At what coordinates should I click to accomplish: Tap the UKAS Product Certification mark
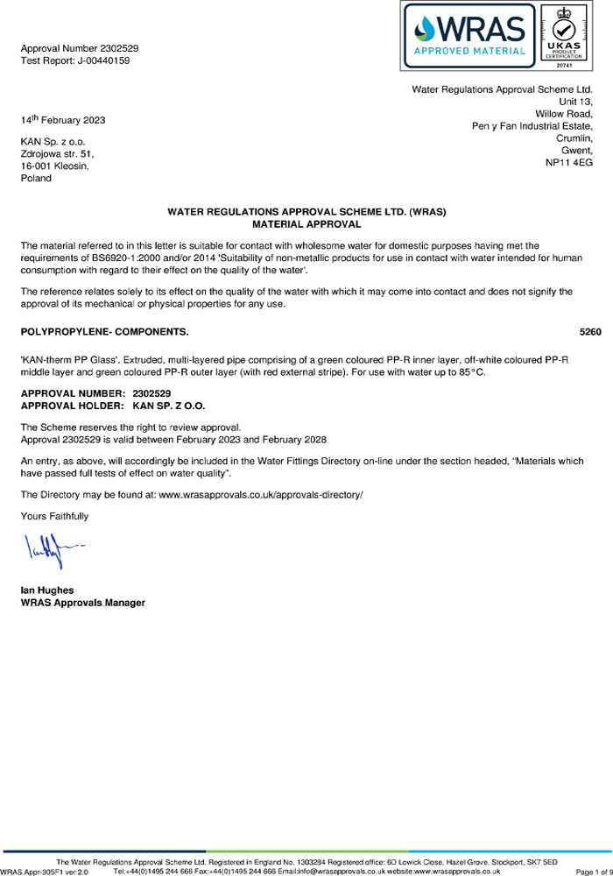tap(570, 36)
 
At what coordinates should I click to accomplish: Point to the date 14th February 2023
tap(62, 119)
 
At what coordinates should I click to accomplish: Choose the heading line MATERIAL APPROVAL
tap(306, 224)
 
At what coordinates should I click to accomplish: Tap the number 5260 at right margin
tap(590, 333)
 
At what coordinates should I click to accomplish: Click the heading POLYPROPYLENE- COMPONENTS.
tap(103, 333)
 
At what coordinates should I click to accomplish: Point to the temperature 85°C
tap(471, 373)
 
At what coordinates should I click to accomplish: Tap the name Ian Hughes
tap(47, 590)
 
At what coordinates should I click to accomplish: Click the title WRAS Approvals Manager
tap(82, 603)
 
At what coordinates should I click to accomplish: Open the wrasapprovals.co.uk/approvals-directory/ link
tap(260, 495)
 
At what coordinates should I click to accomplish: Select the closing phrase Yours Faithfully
tap(54, 516)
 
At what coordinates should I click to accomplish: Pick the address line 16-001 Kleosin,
tap(54, 166)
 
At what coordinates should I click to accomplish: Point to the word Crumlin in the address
tap(574, 138)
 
